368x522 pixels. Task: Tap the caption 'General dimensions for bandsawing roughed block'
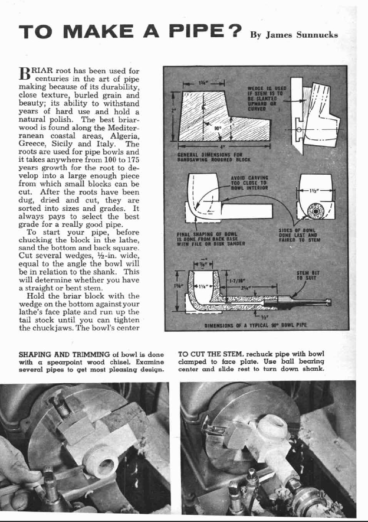tap(214, 156)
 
